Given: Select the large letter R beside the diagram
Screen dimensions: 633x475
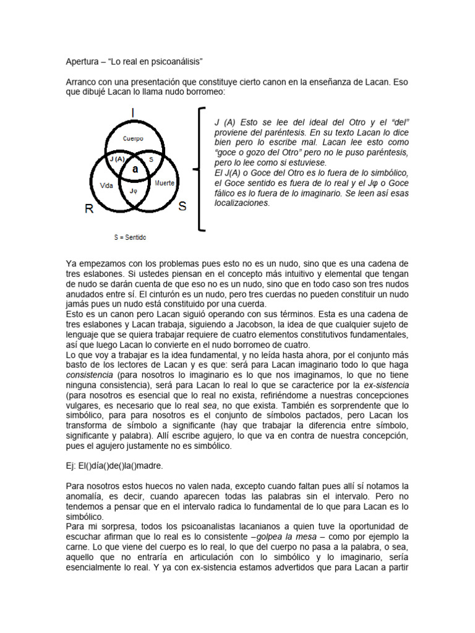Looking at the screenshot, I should [x=90, y=209].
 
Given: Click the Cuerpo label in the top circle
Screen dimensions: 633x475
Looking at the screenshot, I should [x=133, y=138].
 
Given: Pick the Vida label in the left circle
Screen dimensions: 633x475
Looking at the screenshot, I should [x=106, y=185].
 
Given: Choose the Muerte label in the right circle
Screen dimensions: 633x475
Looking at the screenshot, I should [x=165, y=183].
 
